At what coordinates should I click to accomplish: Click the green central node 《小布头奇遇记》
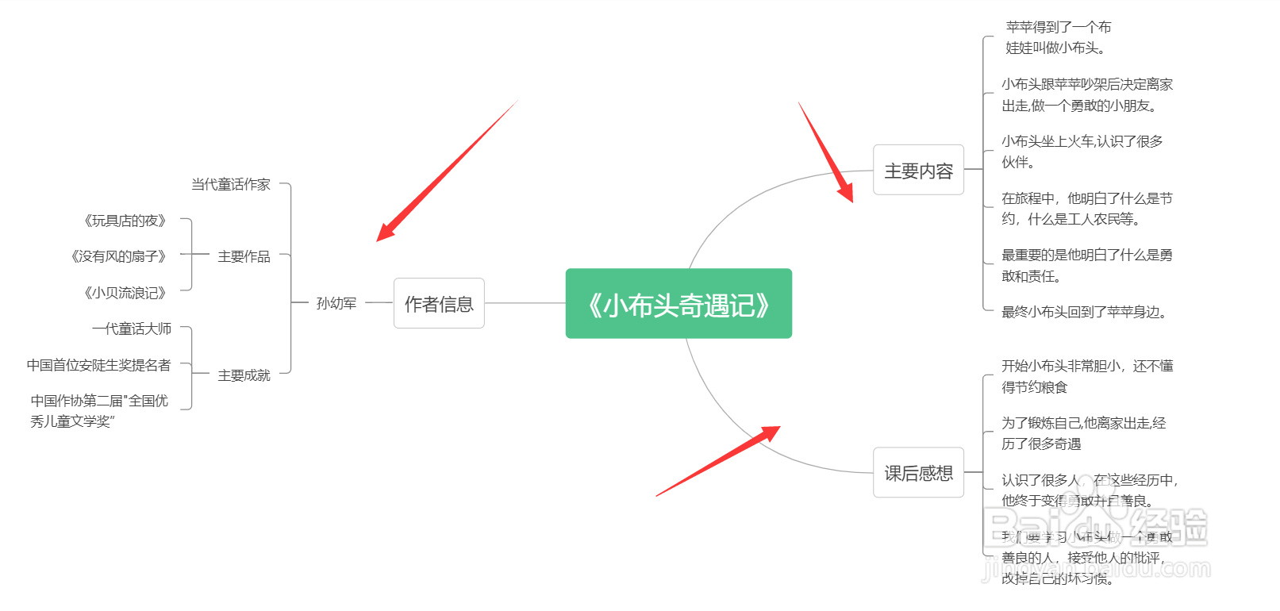[x=678, y=304]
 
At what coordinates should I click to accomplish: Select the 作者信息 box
[x=439, y=303]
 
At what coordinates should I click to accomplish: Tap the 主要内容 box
[x=918, y=170]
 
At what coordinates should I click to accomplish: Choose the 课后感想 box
[x=918, y=473]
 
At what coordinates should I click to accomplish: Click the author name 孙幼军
[x=336, y=303]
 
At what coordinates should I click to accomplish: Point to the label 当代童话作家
[x=231, y=184]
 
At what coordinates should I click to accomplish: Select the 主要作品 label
[x=244, y=256]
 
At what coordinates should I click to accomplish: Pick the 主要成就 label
[x=244, y=375]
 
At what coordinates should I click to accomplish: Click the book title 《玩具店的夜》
[x=125, y=221]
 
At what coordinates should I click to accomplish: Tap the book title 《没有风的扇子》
[x=119, y=256]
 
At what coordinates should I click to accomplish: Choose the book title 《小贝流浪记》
[x=125, y=293]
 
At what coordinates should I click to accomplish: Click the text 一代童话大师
[x=132, y=329]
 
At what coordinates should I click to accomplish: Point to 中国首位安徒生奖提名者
[x=99, y=365]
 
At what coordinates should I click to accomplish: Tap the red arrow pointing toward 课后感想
[x=718, y=461]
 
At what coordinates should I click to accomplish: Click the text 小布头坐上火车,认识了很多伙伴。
[x=1082, y=152]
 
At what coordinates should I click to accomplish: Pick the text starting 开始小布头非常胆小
[x=1086, y=376]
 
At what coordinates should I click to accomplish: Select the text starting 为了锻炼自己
[x=1083, y=433]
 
